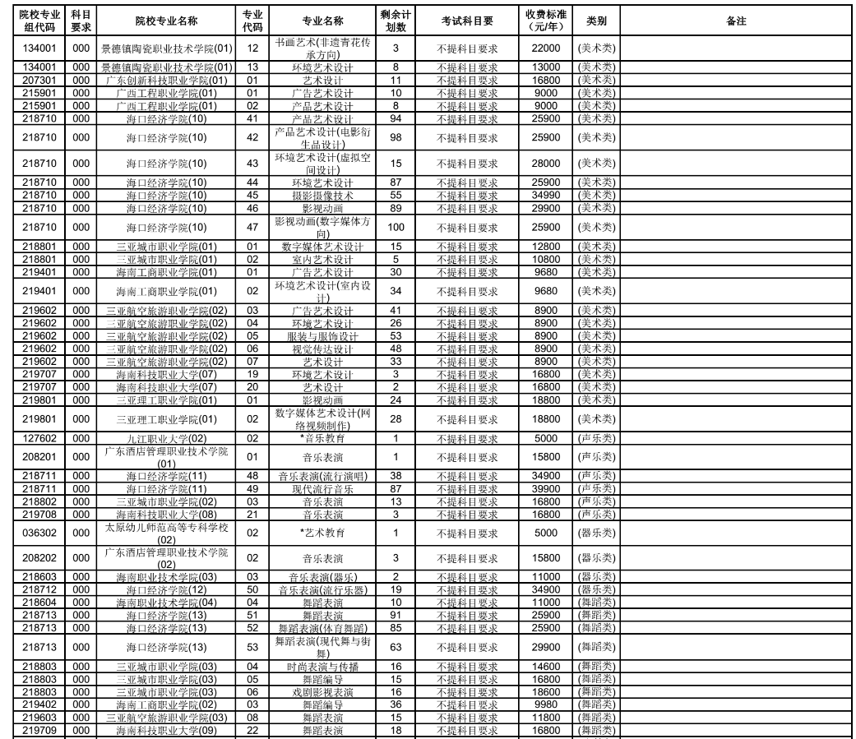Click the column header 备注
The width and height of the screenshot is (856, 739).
click(x=736, y=21)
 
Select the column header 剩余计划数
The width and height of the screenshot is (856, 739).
click(x=396, y=21)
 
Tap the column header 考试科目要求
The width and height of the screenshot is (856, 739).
click(x=467, y=21)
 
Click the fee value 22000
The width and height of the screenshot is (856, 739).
click(x=546, y=48)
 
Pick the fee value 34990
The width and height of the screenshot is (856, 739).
click(x=546, y=196)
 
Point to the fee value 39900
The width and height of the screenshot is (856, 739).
click(x=546, y=489)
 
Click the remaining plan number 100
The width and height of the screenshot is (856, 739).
click(x=396, y=228)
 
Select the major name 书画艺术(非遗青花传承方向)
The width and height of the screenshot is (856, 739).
click(x=322, y=48)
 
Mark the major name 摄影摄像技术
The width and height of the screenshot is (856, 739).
click(x=322, y=196)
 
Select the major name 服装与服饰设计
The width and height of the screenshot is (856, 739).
click(x=322, y=336)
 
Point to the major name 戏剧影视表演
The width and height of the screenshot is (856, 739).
click(x=322, y=692)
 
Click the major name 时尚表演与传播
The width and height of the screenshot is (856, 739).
click(x=322, y=667)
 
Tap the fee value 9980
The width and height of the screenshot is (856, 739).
click(x=546, y=705)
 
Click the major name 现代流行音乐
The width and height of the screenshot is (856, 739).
click(x=322, y=489)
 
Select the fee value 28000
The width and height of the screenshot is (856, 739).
click(x=546, y=164)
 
